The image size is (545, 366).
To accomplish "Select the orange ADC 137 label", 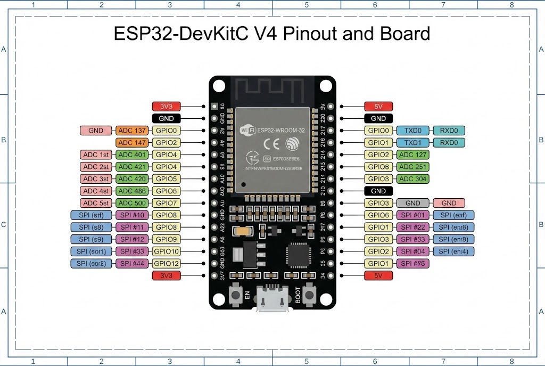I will point(133,131).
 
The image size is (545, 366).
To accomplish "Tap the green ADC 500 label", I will point(133,203).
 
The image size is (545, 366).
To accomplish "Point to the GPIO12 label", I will point(167,264).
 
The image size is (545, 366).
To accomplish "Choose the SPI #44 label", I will point(133,264).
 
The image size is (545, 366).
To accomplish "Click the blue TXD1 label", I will point(412,143).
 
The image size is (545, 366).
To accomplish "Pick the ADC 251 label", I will point(413,167).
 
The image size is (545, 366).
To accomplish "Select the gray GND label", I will point(412,203).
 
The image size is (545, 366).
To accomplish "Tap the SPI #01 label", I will point(413,215).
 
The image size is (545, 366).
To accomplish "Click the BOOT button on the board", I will point(309,294).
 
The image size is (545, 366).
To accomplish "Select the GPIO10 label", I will point(167,251).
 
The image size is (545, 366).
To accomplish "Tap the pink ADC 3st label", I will point(96,179).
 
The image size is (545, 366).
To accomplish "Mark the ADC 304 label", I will point(413,179).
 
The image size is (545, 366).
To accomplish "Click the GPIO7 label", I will point(167,203).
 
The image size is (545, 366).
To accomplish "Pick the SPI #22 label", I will point(413,227).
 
